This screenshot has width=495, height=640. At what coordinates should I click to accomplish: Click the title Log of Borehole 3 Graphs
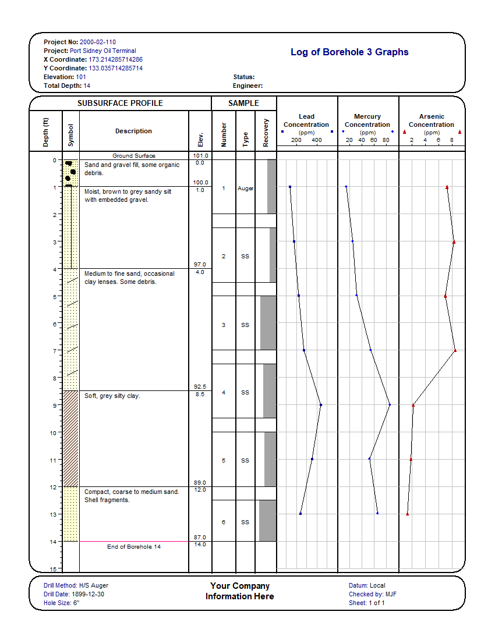349,52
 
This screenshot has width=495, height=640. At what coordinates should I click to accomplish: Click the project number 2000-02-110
97,42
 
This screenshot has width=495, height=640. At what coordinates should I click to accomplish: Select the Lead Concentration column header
306,120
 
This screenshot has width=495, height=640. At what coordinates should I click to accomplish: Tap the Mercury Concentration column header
367,120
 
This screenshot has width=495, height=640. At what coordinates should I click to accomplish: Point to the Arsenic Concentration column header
432,120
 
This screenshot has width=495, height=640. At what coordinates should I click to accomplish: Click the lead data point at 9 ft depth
321,404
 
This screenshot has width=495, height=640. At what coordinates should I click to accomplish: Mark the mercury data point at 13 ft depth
377,513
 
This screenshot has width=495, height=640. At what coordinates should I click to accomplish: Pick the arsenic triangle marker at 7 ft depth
455,350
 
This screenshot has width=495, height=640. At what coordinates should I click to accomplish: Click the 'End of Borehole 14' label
134,546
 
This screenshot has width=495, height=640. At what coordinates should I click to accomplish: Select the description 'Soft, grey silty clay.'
112,396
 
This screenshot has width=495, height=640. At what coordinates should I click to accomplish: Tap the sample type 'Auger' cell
245,189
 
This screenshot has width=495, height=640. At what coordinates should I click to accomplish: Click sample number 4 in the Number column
224,393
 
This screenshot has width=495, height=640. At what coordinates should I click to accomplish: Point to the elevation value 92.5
200,387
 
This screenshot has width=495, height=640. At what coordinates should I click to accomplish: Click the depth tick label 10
53,433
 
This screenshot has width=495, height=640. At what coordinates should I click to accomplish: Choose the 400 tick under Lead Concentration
316,141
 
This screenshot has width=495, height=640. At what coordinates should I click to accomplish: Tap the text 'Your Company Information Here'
240,591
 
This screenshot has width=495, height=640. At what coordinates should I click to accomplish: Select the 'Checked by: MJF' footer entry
373,594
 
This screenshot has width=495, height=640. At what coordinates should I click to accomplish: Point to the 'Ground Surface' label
134,156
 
